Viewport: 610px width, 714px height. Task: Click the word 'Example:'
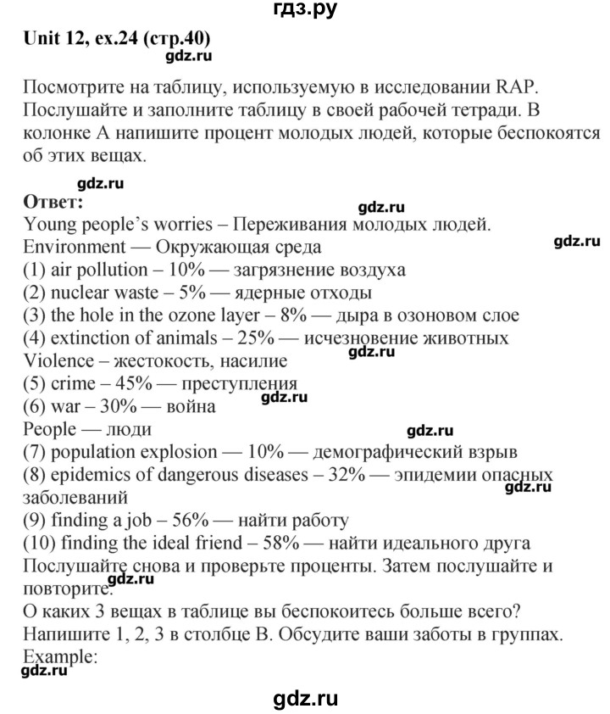(52, 655)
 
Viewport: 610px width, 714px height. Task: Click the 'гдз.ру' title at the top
(305, 11)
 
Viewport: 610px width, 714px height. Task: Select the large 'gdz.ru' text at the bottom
(305, 699)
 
